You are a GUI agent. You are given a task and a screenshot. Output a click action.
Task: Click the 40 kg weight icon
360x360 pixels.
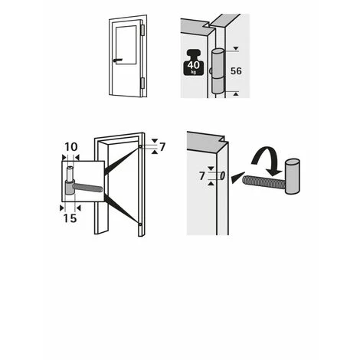tap(194, 63)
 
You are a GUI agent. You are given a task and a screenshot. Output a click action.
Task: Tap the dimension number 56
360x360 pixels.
tap(236, 71)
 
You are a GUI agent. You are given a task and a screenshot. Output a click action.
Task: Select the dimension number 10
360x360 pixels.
tap(70, 147)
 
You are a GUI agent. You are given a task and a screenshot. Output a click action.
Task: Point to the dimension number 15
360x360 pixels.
tap(70, 218)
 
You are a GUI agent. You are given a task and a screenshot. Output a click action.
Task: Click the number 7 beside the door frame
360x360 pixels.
tap(162, 147)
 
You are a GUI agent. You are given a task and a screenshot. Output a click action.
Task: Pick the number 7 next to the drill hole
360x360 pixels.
tap(202, 176)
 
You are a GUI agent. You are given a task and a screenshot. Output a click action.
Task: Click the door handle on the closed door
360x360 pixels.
tap(118, 61)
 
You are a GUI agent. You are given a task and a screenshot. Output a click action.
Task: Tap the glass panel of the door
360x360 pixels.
tap(126, 44)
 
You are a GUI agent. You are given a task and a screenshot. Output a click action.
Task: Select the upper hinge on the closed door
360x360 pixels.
tap(142, 30)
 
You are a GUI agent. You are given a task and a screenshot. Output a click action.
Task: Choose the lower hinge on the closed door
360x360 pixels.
tap(142, 83)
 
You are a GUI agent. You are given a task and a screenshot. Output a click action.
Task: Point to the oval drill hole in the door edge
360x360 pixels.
tap(223, 175)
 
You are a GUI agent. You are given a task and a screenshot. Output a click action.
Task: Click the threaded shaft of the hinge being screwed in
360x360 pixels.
tap(263, 182)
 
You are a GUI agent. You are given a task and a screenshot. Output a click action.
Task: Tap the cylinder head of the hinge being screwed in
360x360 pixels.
tap(293, 176)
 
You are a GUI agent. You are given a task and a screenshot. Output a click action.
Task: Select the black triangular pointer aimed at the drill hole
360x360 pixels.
tap(237, 177)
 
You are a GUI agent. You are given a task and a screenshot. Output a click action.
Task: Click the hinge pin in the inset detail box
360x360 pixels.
tap(70, 174)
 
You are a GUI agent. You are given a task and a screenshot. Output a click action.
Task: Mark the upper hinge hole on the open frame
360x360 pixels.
tap(140, 146)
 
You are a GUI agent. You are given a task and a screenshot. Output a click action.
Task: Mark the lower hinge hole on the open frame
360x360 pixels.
tap(140, 224)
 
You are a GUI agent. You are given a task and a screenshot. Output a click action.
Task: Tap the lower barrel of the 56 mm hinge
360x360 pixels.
tap(218, 86)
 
